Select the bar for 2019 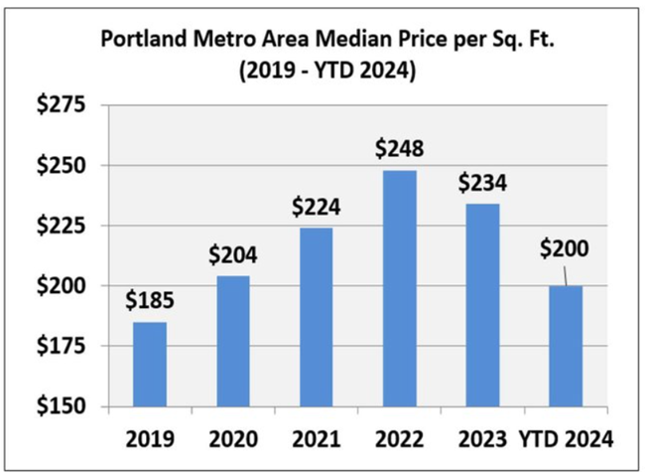151,364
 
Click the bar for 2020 234,341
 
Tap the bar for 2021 318,317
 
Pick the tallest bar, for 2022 400,288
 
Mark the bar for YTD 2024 567,346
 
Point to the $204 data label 234,254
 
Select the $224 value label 318,207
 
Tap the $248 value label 400,149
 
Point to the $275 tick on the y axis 62,105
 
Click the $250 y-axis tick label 62,165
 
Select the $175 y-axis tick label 62,346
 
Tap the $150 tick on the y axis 62,406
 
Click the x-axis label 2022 400,437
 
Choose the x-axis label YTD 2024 567,437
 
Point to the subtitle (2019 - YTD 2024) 323,72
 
